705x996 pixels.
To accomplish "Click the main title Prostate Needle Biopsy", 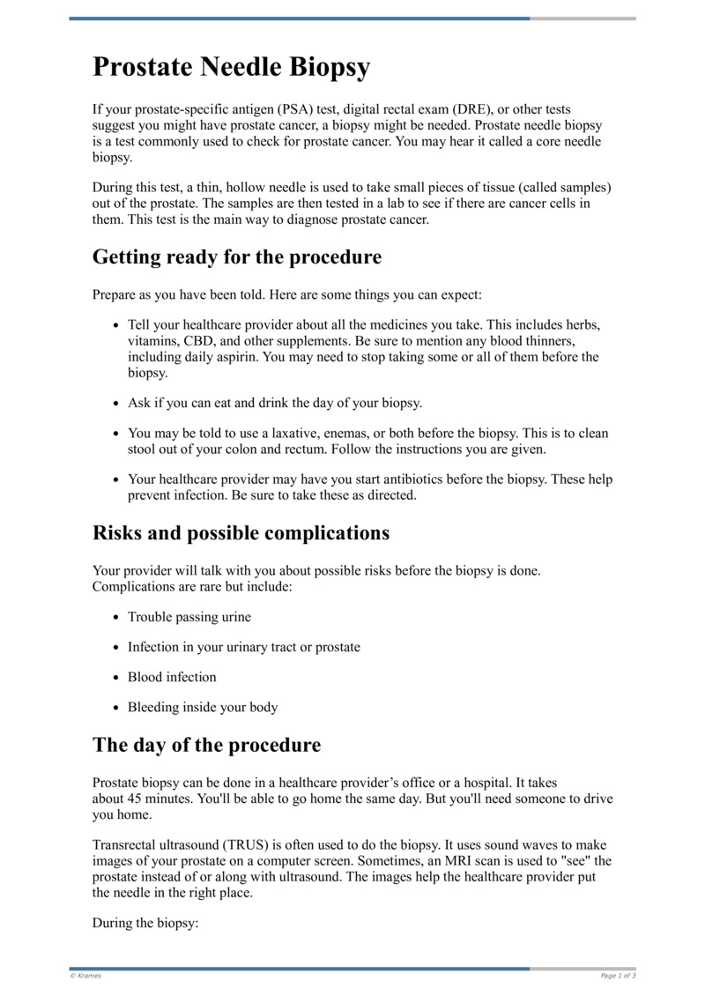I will (232, 68).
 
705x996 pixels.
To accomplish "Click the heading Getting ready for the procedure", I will (237, 257).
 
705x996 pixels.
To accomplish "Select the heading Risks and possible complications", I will (241, 533).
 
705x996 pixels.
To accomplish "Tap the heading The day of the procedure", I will (206, 745).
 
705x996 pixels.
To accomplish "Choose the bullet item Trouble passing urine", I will (189, 617).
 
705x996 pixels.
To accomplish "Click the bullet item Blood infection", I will (172, 677).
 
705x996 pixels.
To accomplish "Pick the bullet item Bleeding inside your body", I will (203, 707).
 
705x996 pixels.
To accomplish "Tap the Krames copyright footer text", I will (85, 976).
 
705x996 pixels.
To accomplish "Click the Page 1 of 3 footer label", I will (618, 976).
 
